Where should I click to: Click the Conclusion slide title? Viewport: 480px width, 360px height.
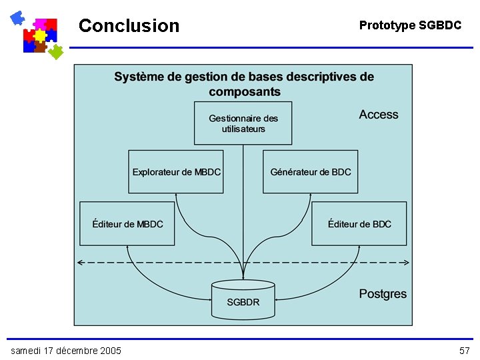click(129, 26)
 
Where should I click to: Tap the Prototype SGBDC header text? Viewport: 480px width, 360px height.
click(410, 25)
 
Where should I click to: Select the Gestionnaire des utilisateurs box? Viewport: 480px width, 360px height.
click(243, 123)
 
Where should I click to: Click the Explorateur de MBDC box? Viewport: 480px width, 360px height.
click(176, 172)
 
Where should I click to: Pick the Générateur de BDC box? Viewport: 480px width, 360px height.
click(311, 172)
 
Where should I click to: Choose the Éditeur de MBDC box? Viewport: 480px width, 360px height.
click(127, 224)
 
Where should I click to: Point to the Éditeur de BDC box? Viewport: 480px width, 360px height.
click(359, 224)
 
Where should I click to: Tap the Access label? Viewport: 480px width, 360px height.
click(378, 115)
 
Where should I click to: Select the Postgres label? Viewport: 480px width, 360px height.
click(382, 294)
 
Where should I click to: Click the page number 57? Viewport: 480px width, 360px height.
click(465, 351)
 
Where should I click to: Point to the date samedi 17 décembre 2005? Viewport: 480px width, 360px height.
click(66, 351)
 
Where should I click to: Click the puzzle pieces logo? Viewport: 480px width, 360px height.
click(37, 33)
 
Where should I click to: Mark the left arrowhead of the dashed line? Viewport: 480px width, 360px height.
click(81, 263)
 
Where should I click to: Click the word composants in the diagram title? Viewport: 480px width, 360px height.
click(244, 91)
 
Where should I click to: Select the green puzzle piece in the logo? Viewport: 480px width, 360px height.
click(56, 51)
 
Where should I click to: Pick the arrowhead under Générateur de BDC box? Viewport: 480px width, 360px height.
click(311, 196)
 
